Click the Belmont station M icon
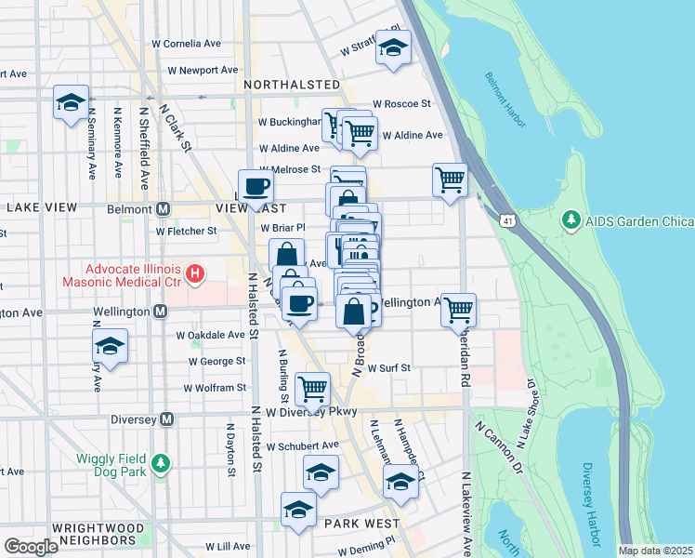coord(163,208)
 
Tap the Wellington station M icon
coord(160,312)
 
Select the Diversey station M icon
coord(166,419)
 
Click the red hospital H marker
coord(194,273)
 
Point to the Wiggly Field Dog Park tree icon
coord(162,462)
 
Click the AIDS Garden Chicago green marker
coord(570,221)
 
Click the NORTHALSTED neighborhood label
coord(292,85)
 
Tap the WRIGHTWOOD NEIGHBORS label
coord(98,534)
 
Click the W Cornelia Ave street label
coord(187,44)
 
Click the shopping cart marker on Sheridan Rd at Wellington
coord(458,309)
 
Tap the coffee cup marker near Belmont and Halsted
coord(256,185)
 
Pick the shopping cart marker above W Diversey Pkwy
coord(312,386)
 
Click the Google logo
coord(31,547)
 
